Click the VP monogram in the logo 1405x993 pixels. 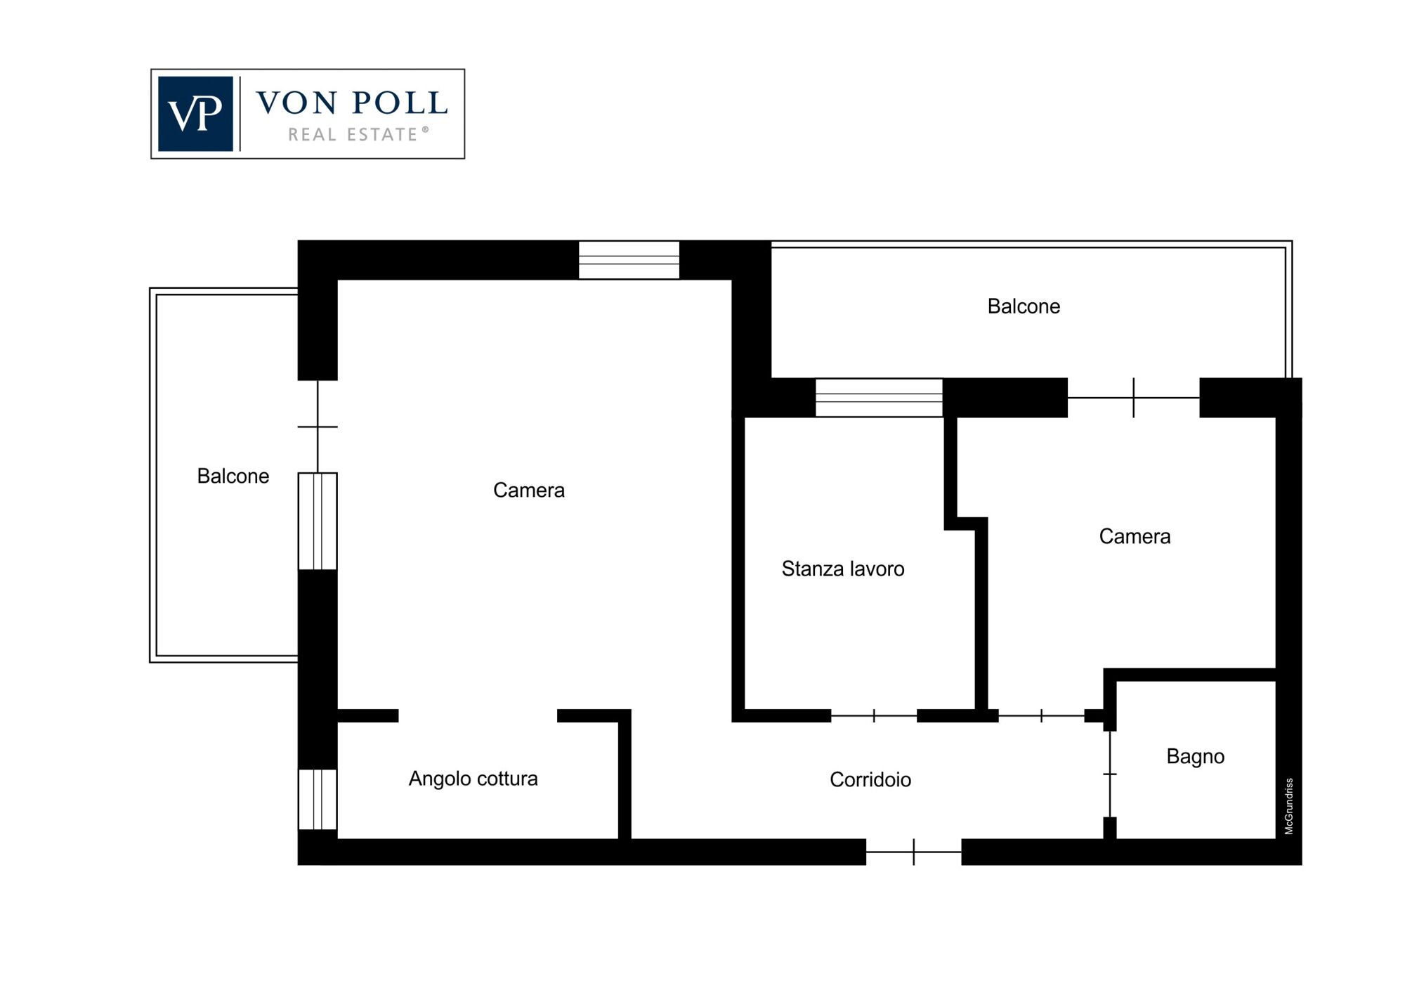coord(195,114)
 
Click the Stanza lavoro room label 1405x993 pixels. coord(843,569)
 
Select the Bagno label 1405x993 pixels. coord(1195,756)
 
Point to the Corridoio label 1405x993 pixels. coord(870,779)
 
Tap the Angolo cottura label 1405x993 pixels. coord(473,779)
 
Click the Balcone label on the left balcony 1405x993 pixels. coord(233,476)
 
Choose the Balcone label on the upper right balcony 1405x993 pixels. coord(1024,306)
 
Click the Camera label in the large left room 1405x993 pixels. coord(528,490)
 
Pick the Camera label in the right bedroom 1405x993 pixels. coord(1135,537)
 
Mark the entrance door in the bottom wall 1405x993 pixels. coord(913,852)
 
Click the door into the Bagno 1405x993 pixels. coord(1110,774)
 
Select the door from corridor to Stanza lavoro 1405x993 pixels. coord(874,716)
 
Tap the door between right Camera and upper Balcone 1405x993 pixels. coord(1133,398)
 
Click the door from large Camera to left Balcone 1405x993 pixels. coord(318,427)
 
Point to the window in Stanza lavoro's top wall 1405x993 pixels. coord(879,398)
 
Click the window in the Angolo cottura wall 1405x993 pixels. coord(318,800)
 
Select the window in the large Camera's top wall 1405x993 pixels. coord(629,260)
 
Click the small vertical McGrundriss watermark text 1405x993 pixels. coord(1289,806)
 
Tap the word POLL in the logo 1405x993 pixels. coord(399,103)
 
